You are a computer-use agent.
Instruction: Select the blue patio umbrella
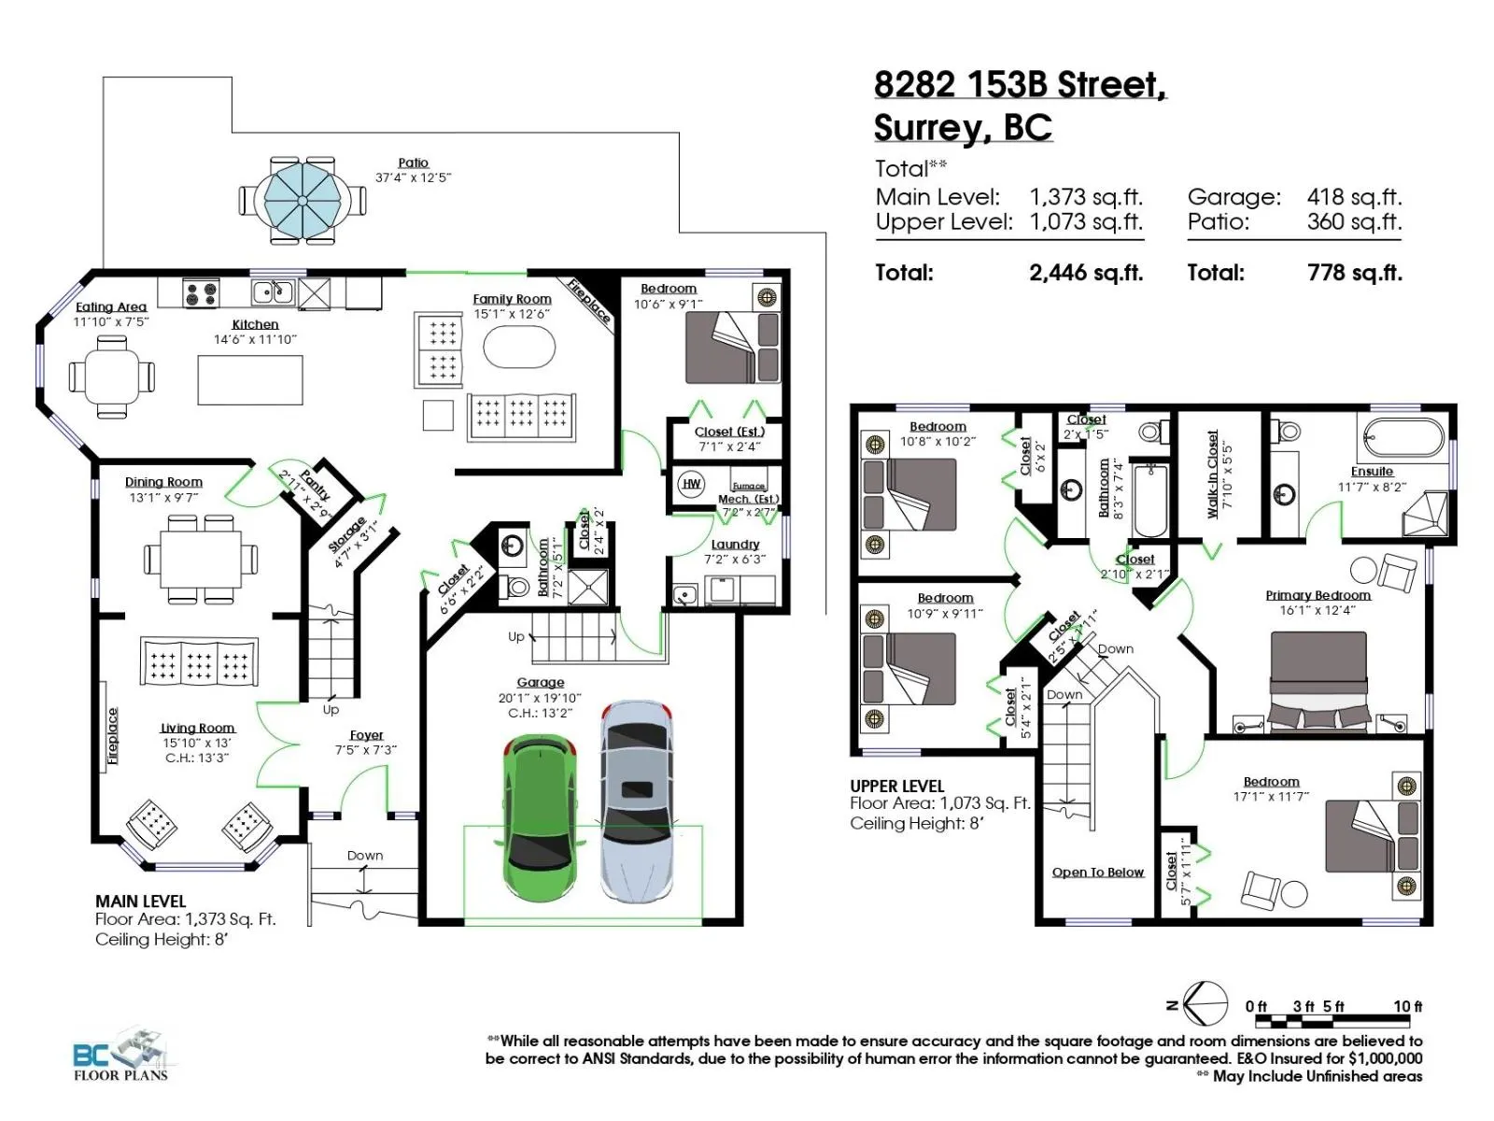302,200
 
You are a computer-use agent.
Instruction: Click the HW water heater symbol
691,484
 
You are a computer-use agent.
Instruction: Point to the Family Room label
512,299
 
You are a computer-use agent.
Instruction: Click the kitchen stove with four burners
201,292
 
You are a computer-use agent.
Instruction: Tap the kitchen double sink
273,292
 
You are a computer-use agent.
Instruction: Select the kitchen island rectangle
250,380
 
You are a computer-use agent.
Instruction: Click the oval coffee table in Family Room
519,348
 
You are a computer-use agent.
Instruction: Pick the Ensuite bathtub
1402,437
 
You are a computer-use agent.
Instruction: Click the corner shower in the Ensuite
1425,515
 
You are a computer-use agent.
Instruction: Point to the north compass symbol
1199,1004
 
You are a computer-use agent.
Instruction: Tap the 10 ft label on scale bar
1407,1006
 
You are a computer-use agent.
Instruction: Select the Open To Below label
1097,872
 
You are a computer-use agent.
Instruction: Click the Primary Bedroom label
1318,595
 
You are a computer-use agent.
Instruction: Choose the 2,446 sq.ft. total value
1086,272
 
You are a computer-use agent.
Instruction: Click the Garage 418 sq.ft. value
1354,197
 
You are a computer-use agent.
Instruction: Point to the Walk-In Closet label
1212,474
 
